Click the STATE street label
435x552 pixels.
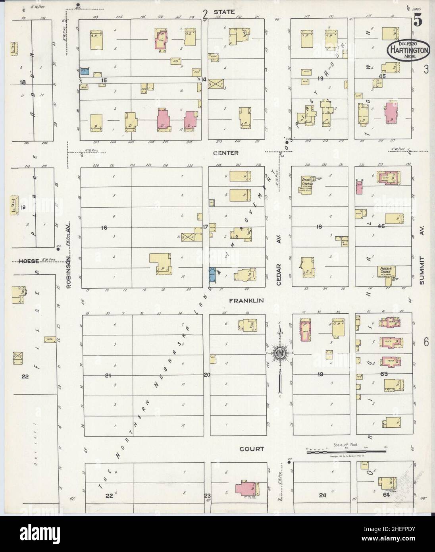[229, 12]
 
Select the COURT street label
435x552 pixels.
[252, 449]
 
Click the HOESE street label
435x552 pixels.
[29, 261]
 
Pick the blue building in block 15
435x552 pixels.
[84, 71]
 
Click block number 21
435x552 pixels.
[107, 375]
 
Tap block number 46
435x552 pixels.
[382, 226]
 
